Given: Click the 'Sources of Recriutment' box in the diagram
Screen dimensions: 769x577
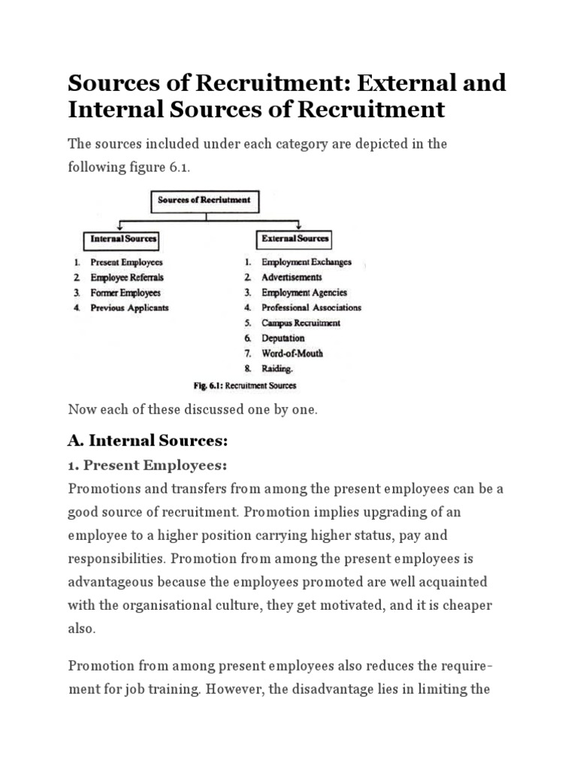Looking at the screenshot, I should click(x=205, y=201).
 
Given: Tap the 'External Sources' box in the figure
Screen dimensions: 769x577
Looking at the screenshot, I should click(x=295, y=240).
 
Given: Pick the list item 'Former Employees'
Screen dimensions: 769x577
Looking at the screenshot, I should click(x=125, y=293).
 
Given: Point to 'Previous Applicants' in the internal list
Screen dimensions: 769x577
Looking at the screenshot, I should click(x=129, y=308).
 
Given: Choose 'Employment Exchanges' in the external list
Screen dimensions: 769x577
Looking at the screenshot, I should click(x=307, y=263).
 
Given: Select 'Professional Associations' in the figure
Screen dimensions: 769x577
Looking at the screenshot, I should click(x=311, y=308).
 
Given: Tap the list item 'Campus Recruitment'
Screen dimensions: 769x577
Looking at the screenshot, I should click(x=301, y=323).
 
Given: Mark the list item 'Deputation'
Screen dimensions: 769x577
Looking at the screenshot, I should click(x=283, y=339).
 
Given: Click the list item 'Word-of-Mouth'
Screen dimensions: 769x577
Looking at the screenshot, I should click(x=292, y=354).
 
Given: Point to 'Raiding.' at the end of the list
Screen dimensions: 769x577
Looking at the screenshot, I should click(x=277, y=369).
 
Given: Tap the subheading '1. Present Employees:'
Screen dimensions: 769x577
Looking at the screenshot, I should click(x=143, y=465).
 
